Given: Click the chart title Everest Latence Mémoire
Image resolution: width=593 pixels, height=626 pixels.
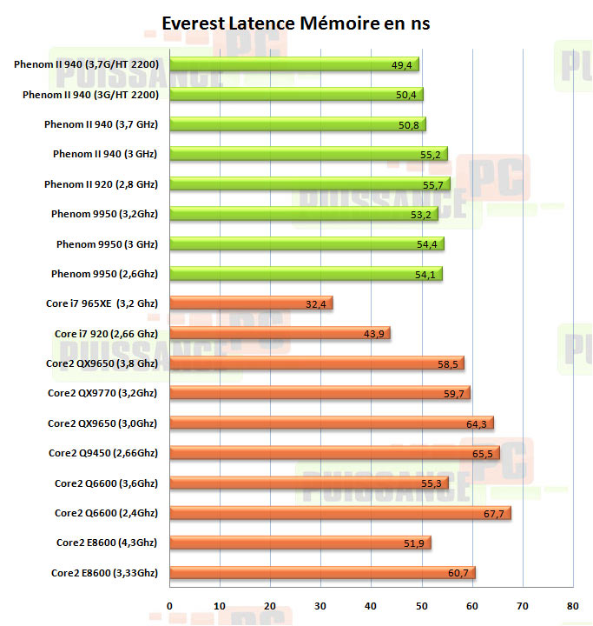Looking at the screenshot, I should tap(296, 23).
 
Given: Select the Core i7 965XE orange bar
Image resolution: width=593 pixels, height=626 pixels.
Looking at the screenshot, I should tap(251, 303).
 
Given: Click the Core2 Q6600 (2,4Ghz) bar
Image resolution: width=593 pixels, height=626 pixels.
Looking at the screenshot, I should tap(339, 513).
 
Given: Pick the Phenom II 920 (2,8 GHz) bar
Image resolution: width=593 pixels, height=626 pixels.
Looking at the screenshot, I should tap(309, 184).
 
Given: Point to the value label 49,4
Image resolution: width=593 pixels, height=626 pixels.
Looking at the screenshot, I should tap(402, 65).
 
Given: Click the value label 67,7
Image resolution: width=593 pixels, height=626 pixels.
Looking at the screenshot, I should tap(494, 514).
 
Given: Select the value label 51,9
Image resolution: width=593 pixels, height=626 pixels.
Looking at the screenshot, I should tap(414, 543).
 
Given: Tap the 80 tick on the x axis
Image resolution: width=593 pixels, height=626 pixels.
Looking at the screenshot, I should tap(571, 605).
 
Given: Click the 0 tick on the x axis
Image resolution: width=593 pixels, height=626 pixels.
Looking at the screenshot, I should tap(169, 605).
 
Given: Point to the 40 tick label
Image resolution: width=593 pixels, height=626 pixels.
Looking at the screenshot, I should tap(371, 605).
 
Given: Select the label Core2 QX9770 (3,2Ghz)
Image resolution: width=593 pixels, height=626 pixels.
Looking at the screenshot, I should tap(102, 393).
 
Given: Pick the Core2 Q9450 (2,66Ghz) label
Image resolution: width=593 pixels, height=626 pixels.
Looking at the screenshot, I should tap(103, 453).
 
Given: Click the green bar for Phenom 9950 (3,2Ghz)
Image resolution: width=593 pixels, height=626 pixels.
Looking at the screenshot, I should tap(303, 214).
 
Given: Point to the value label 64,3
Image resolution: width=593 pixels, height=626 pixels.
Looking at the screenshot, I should tap(477, 424).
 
